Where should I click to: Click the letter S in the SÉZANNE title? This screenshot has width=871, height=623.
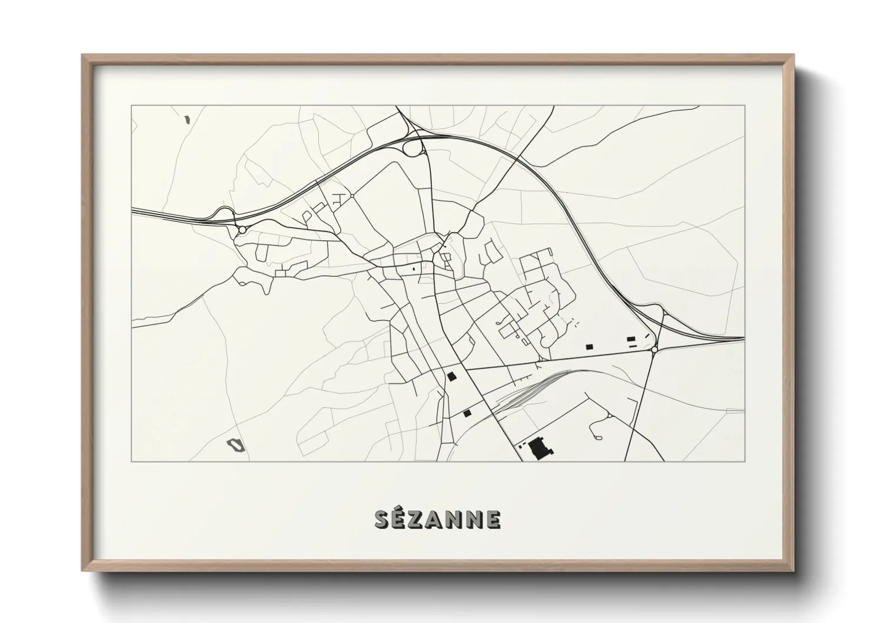tap(383, 519)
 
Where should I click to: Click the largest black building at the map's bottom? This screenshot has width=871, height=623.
tap(537, 449)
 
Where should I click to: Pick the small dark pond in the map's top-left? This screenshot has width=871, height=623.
tap(187, 120)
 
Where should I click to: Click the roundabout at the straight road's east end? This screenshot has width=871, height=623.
tap(654, 350)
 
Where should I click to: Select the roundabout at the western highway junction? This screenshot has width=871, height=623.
tap(242, 230)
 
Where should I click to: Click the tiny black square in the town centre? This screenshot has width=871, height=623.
tap(414, 269)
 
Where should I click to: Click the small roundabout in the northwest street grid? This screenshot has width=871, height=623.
tap(351, 196)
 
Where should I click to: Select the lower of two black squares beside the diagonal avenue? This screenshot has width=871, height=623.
tap(467, 413)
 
